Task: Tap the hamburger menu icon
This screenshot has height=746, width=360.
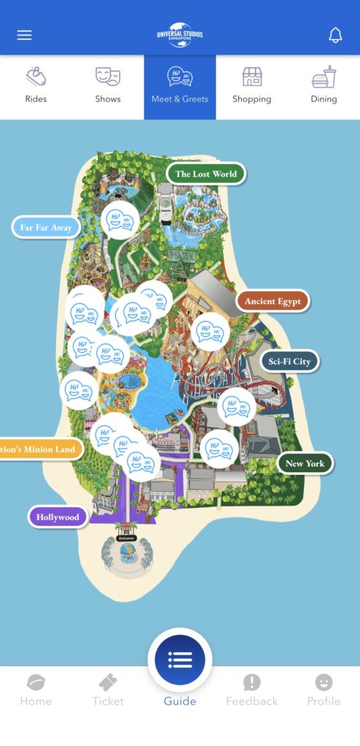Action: click(25, 35)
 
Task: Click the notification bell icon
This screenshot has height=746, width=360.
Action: click(335, 35)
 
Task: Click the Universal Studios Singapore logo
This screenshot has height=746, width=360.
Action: click(180, 34)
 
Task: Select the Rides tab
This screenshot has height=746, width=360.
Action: click(36, 86)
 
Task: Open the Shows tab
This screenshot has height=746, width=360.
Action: click(108, 86)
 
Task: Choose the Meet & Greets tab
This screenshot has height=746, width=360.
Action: click(180, 86)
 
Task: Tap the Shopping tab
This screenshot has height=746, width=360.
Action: click(251, 86)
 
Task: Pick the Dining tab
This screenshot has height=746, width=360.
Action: click(324, 86)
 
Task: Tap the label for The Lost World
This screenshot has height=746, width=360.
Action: click(206, 174)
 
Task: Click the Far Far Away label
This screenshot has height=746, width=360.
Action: click(46, 227)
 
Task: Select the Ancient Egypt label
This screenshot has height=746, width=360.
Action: click(273, 301)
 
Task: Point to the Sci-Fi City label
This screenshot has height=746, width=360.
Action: click(289, 361)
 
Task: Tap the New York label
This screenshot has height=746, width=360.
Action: click(305, 463)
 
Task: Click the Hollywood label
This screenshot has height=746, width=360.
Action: click(58, 517)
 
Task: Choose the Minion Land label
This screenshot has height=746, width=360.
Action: click(40, 449)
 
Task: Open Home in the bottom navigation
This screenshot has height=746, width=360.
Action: click(36, 690)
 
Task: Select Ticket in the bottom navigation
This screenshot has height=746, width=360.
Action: click(108, 690)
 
